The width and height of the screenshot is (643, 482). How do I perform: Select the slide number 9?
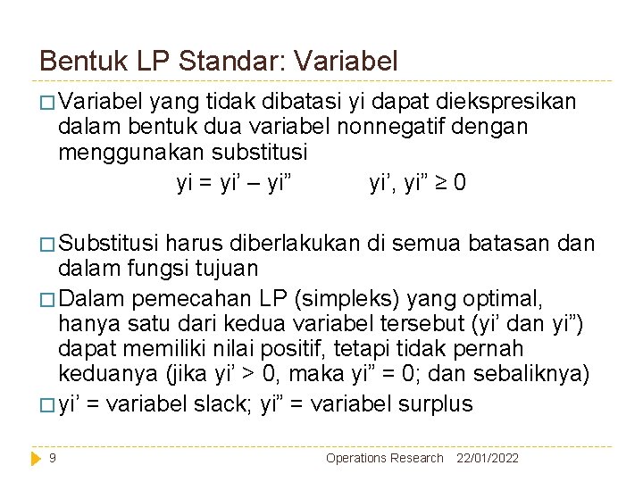pyautogui.click(x=54, y=458)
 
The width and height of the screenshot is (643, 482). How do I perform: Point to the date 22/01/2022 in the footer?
pyautogui.click(x=488, y=458)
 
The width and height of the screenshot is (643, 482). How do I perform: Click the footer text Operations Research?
pyautogui.click(x=384, y=458)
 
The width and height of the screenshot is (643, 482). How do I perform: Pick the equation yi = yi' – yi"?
pyautogui.click(x=234, y=183)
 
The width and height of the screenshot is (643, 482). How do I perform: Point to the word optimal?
pyautogui.click(x=544, y=295)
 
